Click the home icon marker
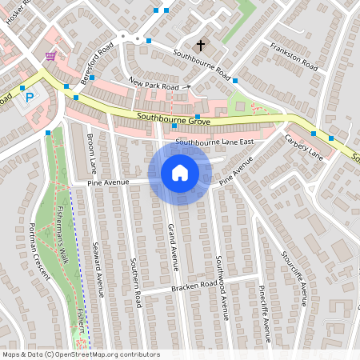[x=180, y=173]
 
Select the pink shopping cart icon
[x=52, y=56]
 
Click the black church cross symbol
[x=200, y=45]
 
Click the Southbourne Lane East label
[x=213, y=142]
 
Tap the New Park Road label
[x=154, y=84]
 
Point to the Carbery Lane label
[x=303, y=146]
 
